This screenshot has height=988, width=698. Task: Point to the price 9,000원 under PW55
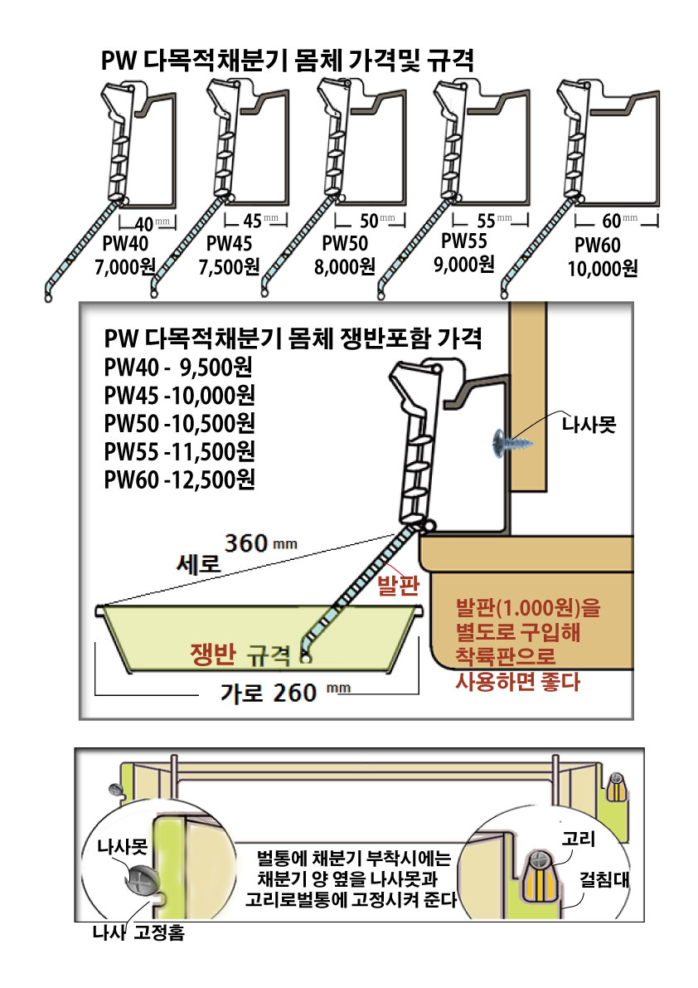tap(464, 264)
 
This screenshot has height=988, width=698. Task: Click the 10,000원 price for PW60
tap(603, 268)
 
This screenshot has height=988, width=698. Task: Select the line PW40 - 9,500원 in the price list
tap(178, 367)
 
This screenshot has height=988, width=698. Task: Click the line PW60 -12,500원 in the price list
tap(179, 479)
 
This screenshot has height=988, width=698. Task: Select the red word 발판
tap(396, 586)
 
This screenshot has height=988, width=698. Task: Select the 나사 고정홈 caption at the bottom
tap(138, 934)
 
